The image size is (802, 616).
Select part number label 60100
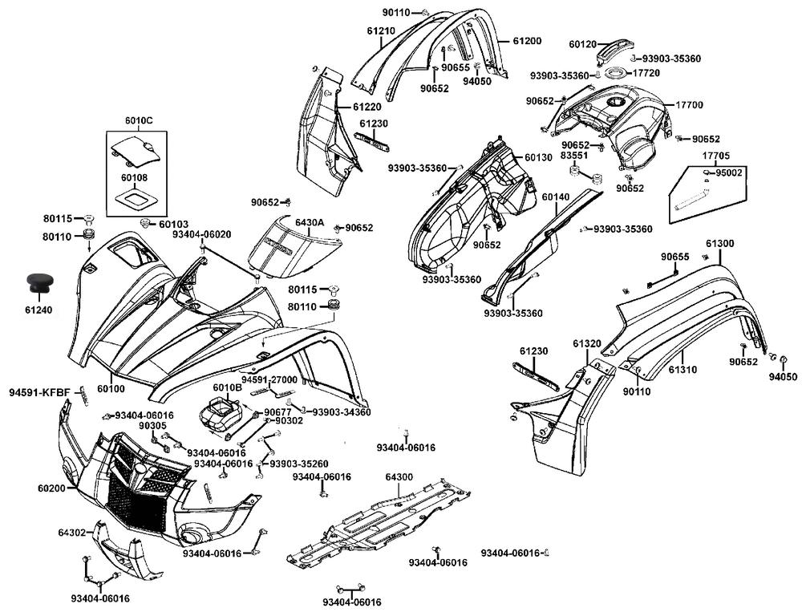(111, 389)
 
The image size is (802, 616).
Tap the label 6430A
(309, 222)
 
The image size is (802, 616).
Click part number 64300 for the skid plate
(399, 477)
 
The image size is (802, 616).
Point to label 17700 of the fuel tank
(689, 105)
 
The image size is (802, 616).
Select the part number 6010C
(138, 121)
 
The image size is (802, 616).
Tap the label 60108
(135, 177)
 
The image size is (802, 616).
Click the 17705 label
(716, 156)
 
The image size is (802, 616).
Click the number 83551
(574, 156)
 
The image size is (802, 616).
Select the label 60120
(583, 44)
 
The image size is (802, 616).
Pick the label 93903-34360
(342, 412)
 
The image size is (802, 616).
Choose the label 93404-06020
(201, 234)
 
